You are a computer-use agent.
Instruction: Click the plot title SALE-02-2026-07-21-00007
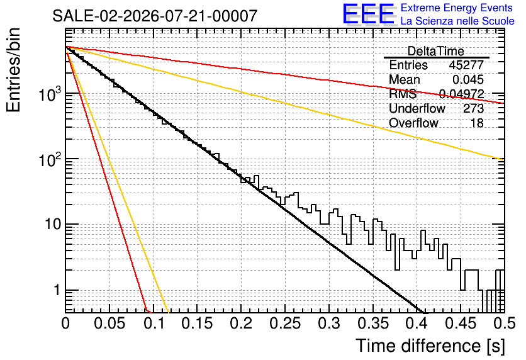click(x=155, y=16)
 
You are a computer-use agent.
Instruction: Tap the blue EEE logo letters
click(x=368, y=14)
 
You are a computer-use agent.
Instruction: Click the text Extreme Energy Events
click(x=457, y=8)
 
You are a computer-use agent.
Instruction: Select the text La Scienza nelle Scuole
click(x=457, y=21)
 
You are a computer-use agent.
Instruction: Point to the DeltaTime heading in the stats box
click(x=436, y=51)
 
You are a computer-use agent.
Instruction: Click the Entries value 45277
click(x=466, y=65)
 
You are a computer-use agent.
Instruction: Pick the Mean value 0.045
click(x=468, y=79)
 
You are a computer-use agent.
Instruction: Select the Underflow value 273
click(x=473, y=108)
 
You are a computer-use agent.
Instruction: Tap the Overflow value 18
click(x=477, y=123)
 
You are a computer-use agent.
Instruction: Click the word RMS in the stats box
click(x=403, y=94)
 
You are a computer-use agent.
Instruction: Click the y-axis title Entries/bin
click(x=13, y=70)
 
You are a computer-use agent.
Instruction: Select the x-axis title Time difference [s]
click(x=430, y=346)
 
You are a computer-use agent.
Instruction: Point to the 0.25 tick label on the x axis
click(x=285, y=323)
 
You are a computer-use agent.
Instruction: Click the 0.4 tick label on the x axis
click(x=417, y=323)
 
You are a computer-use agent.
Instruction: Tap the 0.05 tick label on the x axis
click(x=109, y=323)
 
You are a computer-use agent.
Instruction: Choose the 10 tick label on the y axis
click(x=53, y=224)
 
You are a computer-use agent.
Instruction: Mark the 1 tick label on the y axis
click(x=57, y=290)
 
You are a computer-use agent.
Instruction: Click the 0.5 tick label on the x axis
click(x=505, y=323)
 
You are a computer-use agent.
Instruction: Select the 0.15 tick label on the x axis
click(x=198, y=323)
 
